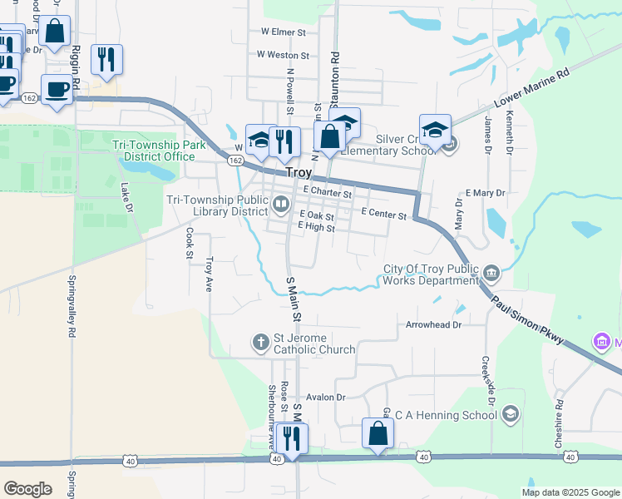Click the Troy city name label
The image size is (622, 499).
(x=299, y=173)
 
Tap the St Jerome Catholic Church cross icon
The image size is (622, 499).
(x=259, y=341)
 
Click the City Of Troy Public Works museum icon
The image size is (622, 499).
(x=491, y=272)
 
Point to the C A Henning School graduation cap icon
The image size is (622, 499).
(x=511, y=413)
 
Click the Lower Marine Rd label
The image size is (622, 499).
(x=531, y=87)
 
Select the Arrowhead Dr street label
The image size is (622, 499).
(x=432, y=324)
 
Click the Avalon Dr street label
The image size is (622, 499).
(x=325, y=398)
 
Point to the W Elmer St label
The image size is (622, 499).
(x=284, y=32)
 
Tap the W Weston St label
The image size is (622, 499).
(x=283, y=55)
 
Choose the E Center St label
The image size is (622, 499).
(x=383, y=215)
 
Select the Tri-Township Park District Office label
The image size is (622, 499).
(x=154, y=151)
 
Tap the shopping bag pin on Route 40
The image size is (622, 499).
(x=378, y=433)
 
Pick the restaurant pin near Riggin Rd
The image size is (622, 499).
(x=106, y=60)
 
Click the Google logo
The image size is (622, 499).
(x=27, y=489)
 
